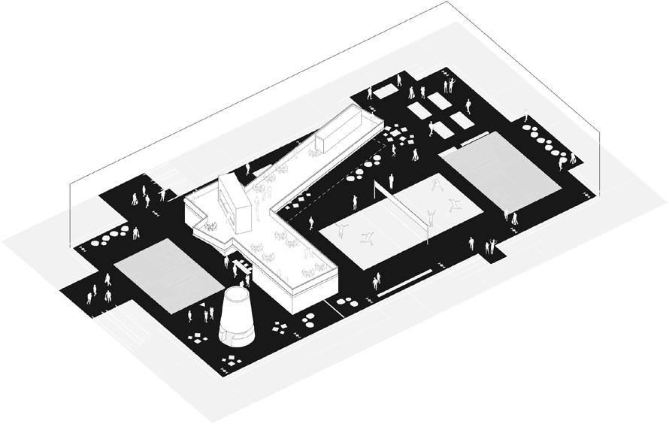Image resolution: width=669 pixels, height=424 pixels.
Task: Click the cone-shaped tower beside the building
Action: click(x=238, y=315)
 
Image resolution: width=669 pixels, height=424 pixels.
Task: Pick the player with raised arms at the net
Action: click(x=430, y=219)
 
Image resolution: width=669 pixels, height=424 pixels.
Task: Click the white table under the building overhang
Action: click(x=242, y=265)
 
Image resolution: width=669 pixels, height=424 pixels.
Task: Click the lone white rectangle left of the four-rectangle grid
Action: click(x=385, y=92)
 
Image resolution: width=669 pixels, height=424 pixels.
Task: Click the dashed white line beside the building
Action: click(x=316, y=202)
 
